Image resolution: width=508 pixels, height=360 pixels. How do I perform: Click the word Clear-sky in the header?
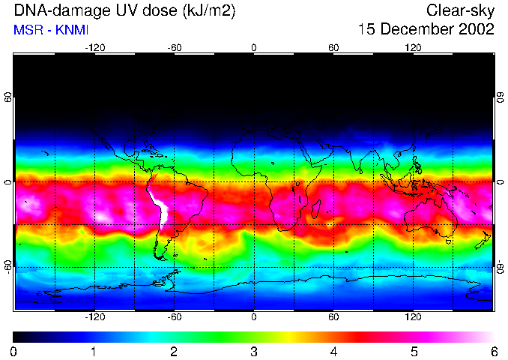(x=460, y=11)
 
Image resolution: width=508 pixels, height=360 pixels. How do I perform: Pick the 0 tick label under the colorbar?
(x=14, y=351)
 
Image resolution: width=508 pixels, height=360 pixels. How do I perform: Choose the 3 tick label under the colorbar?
(x=254, y=351)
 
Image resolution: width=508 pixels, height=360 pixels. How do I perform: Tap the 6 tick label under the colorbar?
(x=494, y=351)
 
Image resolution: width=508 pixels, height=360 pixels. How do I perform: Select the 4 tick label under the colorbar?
(x=334, y=351)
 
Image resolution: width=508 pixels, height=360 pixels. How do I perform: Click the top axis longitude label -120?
(x=94, y=48)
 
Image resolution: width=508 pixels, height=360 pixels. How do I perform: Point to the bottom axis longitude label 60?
(x=333, y=317)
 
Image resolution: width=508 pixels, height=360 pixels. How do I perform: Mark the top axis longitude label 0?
(x=254, y=48)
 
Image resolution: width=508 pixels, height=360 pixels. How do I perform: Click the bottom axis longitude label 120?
(x=414, y=317)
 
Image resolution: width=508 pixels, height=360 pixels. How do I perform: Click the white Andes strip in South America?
(x=159, y=207)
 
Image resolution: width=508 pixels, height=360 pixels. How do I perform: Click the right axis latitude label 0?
(x=501, y=182)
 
